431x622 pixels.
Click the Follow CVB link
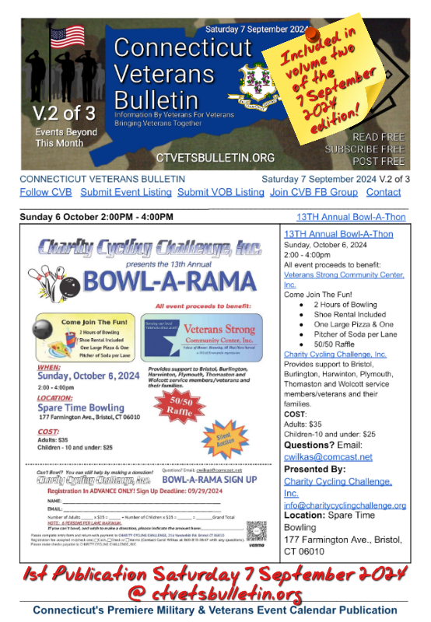45,192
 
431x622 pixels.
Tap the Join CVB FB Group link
314,192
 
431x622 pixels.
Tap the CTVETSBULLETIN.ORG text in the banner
215,158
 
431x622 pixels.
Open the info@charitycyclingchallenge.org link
345,505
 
